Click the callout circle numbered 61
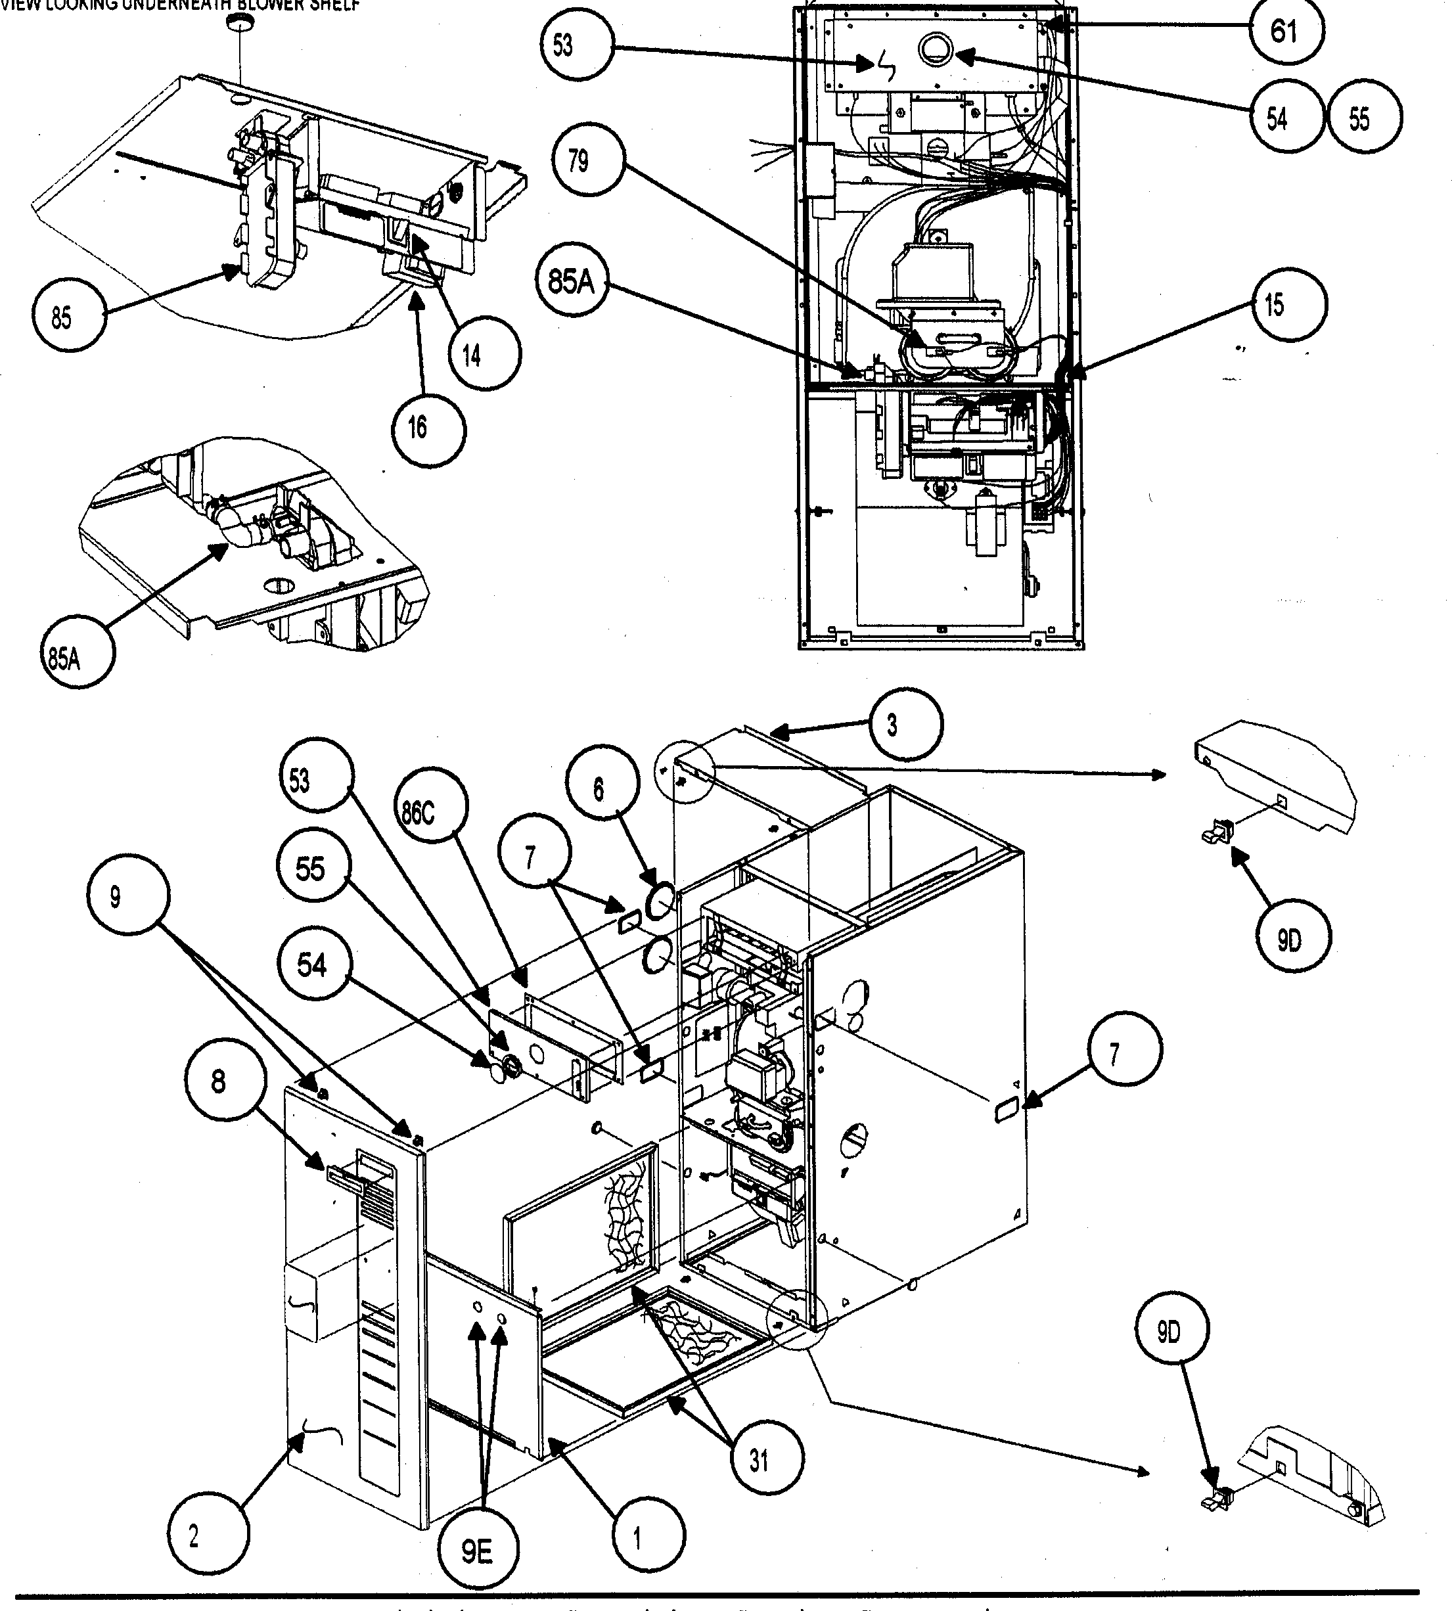(1284, 32)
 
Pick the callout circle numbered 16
(418, 428)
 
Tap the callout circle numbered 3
(892, 725)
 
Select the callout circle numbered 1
(637, 1539)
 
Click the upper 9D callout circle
(1288, 942)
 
